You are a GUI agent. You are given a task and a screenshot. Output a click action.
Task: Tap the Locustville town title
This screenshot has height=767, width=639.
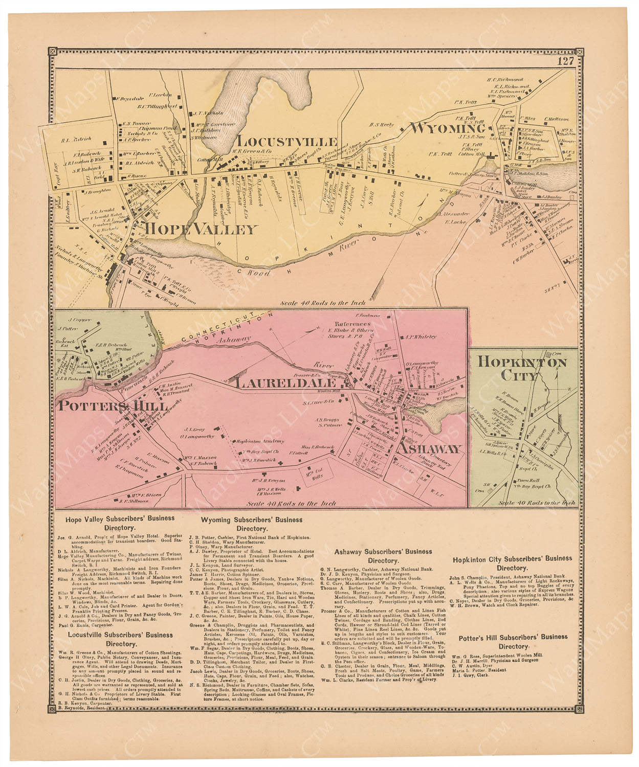click(287, 142)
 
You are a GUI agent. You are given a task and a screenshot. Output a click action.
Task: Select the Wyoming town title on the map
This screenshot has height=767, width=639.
click(448, 128)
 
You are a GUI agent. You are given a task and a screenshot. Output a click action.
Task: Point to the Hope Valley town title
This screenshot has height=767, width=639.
click(201, 229)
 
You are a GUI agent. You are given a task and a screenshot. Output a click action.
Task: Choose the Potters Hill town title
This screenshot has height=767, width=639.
click(113, 407)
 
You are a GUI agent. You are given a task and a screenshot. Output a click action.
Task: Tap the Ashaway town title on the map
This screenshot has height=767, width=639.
click(430, 448)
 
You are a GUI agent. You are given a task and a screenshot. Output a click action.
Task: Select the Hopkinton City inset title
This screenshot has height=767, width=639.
click(521, 368)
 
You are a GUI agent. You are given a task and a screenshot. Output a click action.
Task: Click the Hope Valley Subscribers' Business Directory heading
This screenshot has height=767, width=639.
click(120, 523)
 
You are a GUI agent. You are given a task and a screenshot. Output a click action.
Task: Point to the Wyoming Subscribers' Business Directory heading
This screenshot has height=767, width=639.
click(251, 524)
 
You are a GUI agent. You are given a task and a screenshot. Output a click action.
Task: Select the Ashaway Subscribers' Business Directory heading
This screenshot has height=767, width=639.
click(383, 556)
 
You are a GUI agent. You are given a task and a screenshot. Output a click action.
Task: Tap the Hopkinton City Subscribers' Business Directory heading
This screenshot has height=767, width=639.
click(512, 562)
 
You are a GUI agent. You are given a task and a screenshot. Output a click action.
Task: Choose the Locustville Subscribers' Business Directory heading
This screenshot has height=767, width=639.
click(121, 639)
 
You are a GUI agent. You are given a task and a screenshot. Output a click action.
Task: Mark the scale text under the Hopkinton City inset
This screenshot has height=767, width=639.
click(537, 503)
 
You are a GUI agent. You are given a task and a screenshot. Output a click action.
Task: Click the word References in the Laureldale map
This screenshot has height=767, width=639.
click(352, 324)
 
